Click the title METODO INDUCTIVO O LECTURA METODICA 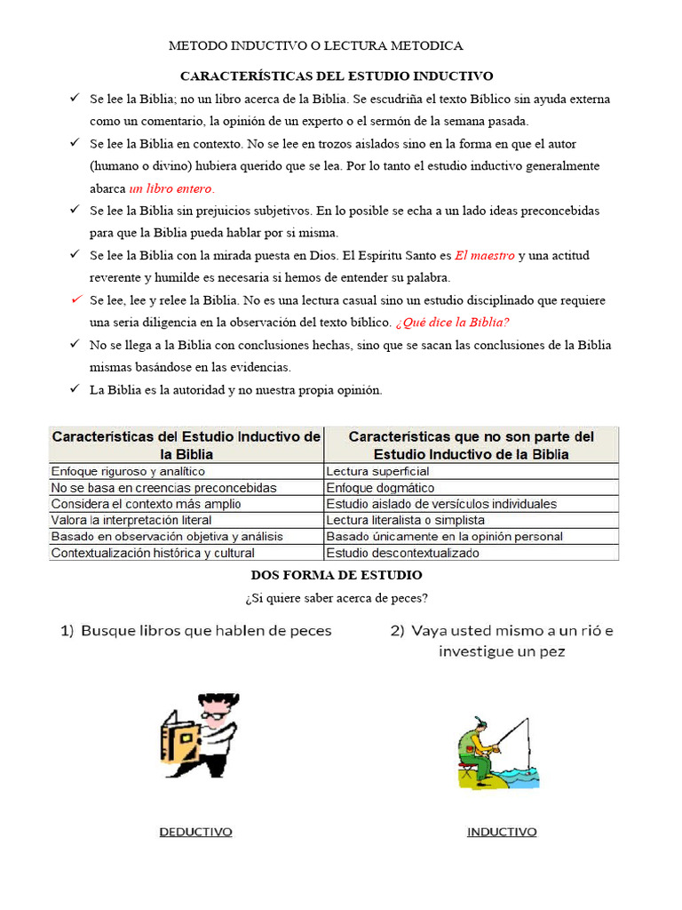coord(316,45)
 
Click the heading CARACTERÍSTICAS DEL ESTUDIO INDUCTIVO coord(337,76)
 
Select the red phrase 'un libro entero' coord(171,188)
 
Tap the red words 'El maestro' coord(485,256)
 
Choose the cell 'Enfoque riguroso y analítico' coord(128,471)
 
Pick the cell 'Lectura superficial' coord(377,471)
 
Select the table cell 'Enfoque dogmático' coord(380,488)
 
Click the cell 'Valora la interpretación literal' coord(131,520)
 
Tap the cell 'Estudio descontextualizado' coord(402,553)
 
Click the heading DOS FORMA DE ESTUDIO coord(337,576)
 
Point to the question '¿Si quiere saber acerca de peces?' coord(337,597)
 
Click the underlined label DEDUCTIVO coord(195,832)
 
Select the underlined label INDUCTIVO coord(502,832)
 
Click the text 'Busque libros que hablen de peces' coord(206,631)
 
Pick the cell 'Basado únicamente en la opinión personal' coord(444,537)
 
